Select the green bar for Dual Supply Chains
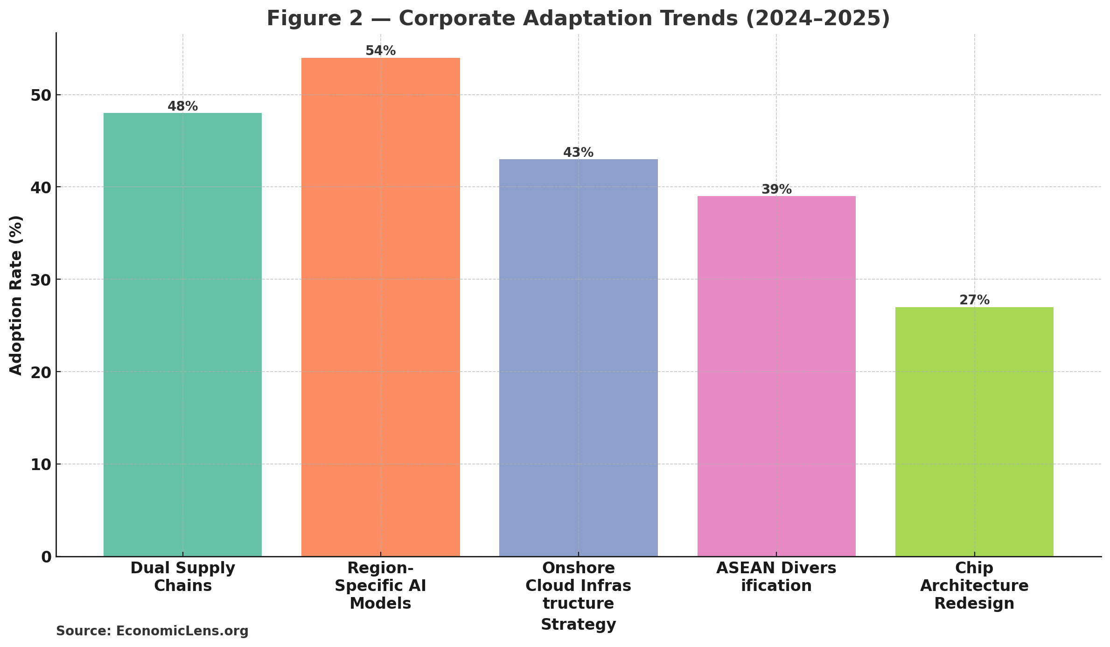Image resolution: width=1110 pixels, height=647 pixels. tap(182, 334)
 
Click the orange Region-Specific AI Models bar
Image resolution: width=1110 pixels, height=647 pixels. tap(380, 307)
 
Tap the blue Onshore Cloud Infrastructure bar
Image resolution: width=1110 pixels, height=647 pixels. tap(578, 358)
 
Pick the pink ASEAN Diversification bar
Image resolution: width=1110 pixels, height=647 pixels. tap(776, 376)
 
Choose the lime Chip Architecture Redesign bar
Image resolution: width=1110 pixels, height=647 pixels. tap(974, 431)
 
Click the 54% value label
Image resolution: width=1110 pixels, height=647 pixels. tap(380, 51)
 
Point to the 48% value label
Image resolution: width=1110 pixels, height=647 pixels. tap(182, 106)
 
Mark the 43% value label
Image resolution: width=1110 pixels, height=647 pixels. tap(578, 153)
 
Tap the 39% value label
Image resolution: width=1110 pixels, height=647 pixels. tap(776, 190)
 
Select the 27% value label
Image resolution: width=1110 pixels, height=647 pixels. tap(974, 300)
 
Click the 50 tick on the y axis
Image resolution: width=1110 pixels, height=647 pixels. tap(41, 95)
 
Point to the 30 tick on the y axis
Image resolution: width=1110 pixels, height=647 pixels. tap(41, 280)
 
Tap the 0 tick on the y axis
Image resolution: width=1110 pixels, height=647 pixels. tap(46, 557)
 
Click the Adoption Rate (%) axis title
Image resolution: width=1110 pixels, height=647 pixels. tap(16, 295)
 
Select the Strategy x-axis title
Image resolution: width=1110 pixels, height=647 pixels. tap(578, 624)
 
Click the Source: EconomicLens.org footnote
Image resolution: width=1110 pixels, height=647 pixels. tap(152, 631)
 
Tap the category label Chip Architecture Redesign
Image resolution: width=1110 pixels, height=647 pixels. tap(974, 585)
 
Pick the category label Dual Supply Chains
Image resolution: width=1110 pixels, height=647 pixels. tap(182, 577)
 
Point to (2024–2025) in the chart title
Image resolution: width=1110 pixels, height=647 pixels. tap(818, 19)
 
